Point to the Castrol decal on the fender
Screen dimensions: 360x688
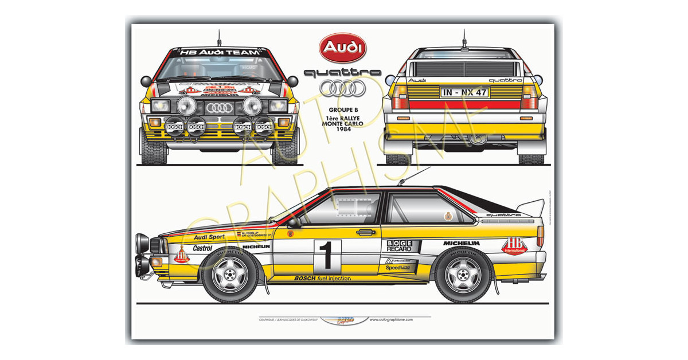pyautogui.click(x=202, y=248)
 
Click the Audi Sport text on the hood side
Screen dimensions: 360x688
pyautogui.click(x=209, y=237)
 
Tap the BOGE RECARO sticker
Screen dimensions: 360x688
pyautogui.click(x=399, y=246)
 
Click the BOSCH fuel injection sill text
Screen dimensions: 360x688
pyautogui.click(x=322, y=279)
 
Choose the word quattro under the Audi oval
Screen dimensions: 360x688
pyautogui.click(x=343, y=73)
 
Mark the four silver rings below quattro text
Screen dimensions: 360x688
pyautogui.click(x=342, y=88)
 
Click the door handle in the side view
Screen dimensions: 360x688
pyautogui.click(x=365, y=232)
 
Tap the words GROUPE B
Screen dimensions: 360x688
pyautogui.click(x=342, y=107)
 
